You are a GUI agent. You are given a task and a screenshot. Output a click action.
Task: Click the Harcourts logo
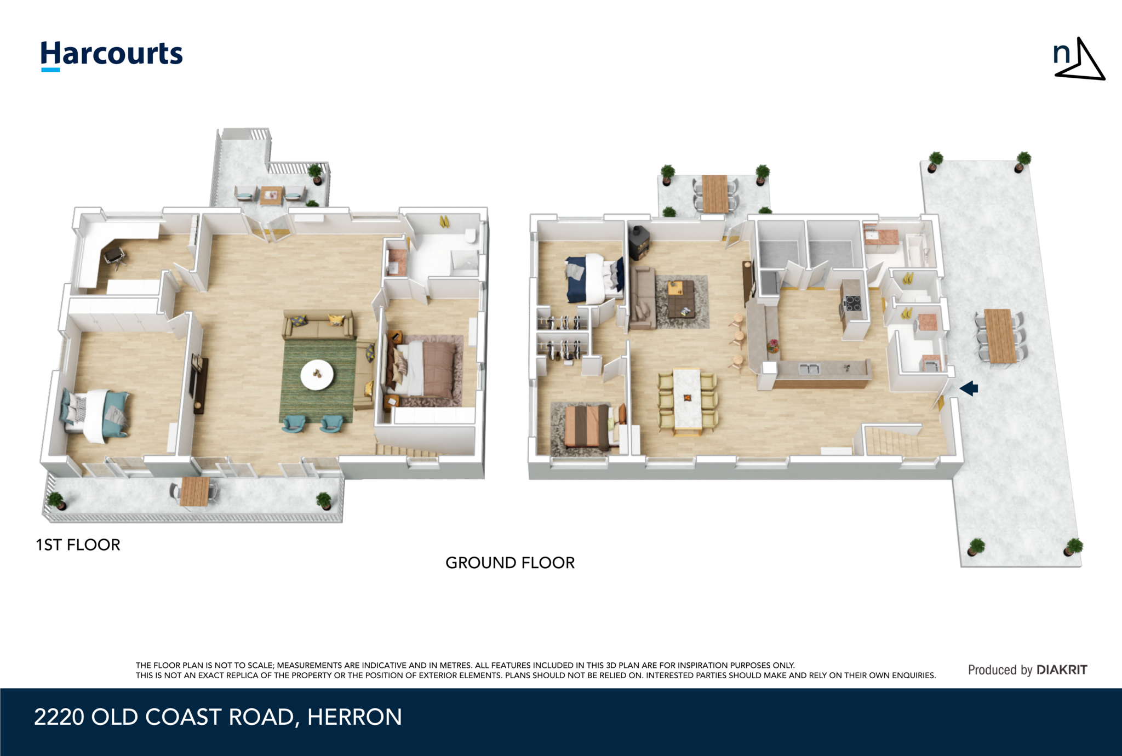coord(112,55)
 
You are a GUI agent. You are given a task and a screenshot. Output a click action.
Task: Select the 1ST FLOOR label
coord(78,545)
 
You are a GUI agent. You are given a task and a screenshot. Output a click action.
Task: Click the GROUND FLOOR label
coord(510,563)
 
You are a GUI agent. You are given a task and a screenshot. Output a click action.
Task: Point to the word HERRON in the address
coord(354,717)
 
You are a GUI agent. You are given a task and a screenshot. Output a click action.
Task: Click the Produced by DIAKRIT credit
coord(1027,670)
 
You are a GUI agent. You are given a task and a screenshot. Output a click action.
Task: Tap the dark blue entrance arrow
coord(969,388)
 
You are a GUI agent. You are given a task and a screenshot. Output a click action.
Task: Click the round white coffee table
coord(317,375)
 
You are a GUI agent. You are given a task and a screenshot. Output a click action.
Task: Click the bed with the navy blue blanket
coord(594,278)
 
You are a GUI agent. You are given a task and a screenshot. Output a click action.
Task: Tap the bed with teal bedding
coord(95,415)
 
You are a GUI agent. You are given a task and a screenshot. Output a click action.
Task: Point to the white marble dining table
coord(687,399)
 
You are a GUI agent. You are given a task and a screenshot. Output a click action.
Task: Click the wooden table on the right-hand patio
coord(1000,336)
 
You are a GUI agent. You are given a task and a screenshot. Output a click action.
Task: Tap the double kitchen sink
coord(809,369)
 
